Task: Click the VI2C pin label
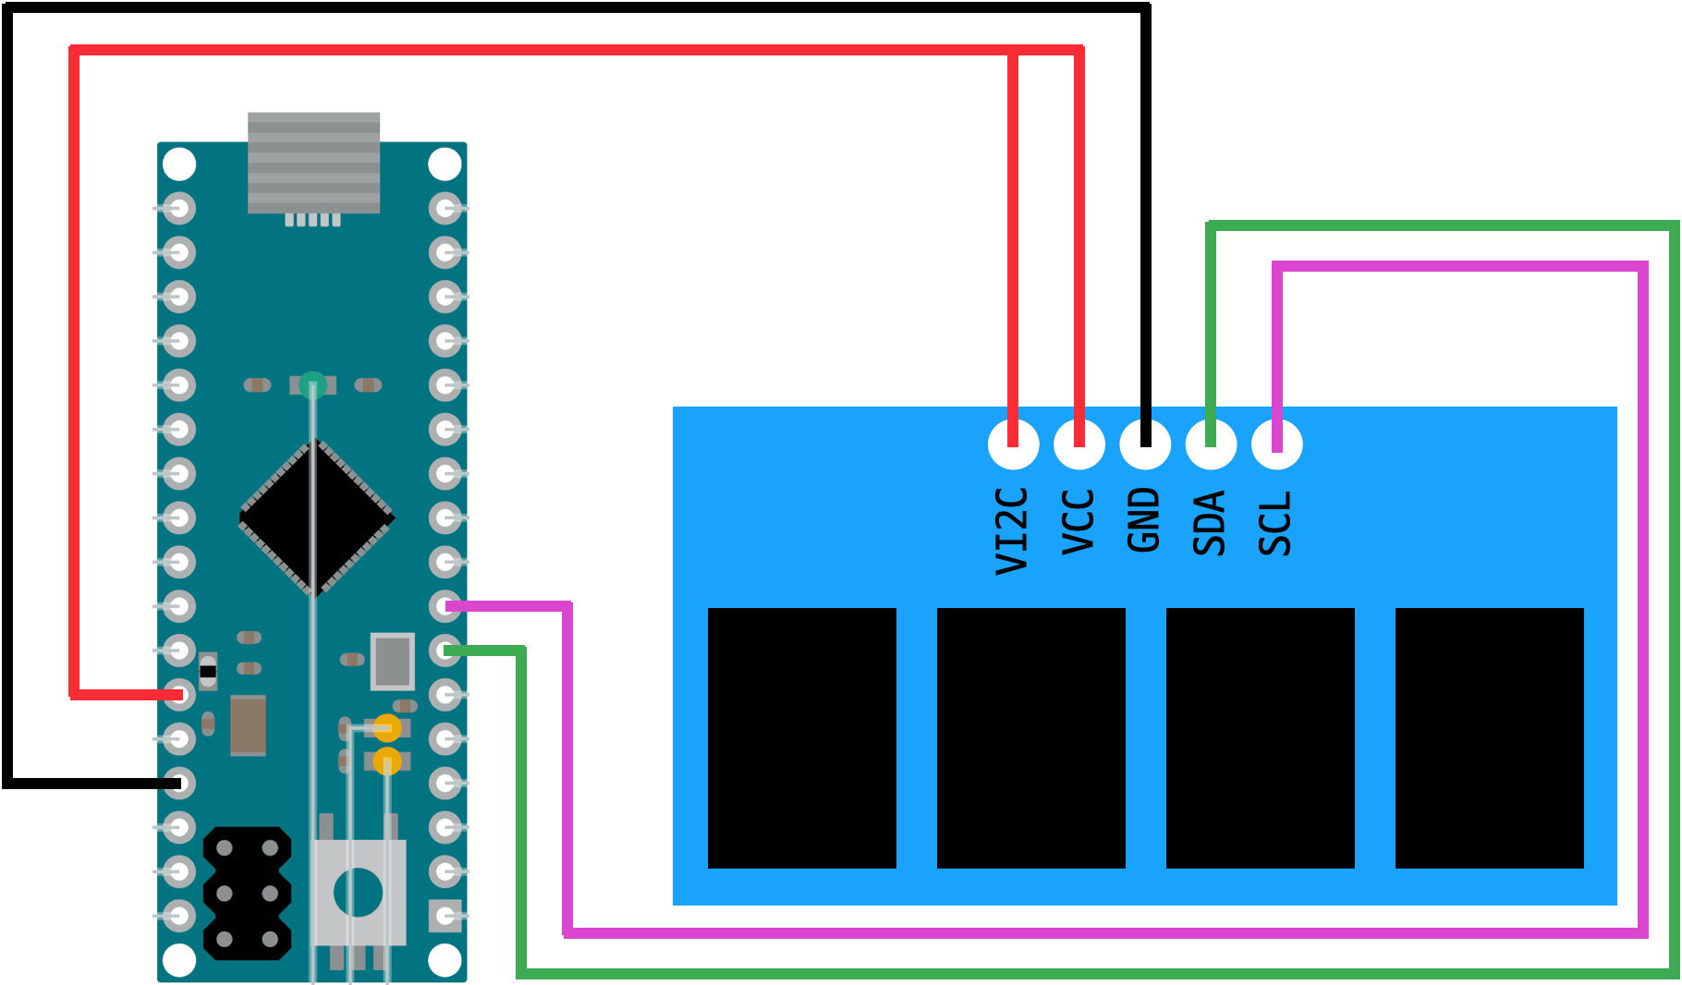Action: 1012,531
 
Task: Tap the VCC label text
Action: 1078,522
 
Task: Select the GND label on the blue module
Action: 1144,520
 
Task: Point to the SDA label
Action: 1210,523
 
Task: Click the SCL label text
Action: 1275,523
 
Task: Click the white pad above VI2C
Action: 1013,444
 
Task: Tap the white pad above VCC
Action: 1079,444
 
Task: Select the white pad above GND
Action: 1145,444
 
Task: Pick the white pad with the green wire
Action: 1211,444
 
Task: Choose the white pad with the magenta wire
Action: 1277,444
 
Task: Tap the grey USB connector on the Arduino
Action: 313,163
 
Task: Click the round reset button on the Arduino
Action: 358,893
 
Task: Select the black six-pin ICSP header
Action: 247,894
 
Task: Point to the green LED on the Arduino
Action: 312,383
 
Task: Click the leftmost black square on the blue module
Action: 801,737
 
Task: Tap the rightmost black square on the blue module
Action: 1489,737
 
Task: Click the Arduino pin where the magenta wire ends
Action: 446,606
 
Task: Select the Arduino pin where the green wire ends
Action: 446,651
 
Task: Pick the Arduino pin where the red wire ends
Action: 178,694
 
